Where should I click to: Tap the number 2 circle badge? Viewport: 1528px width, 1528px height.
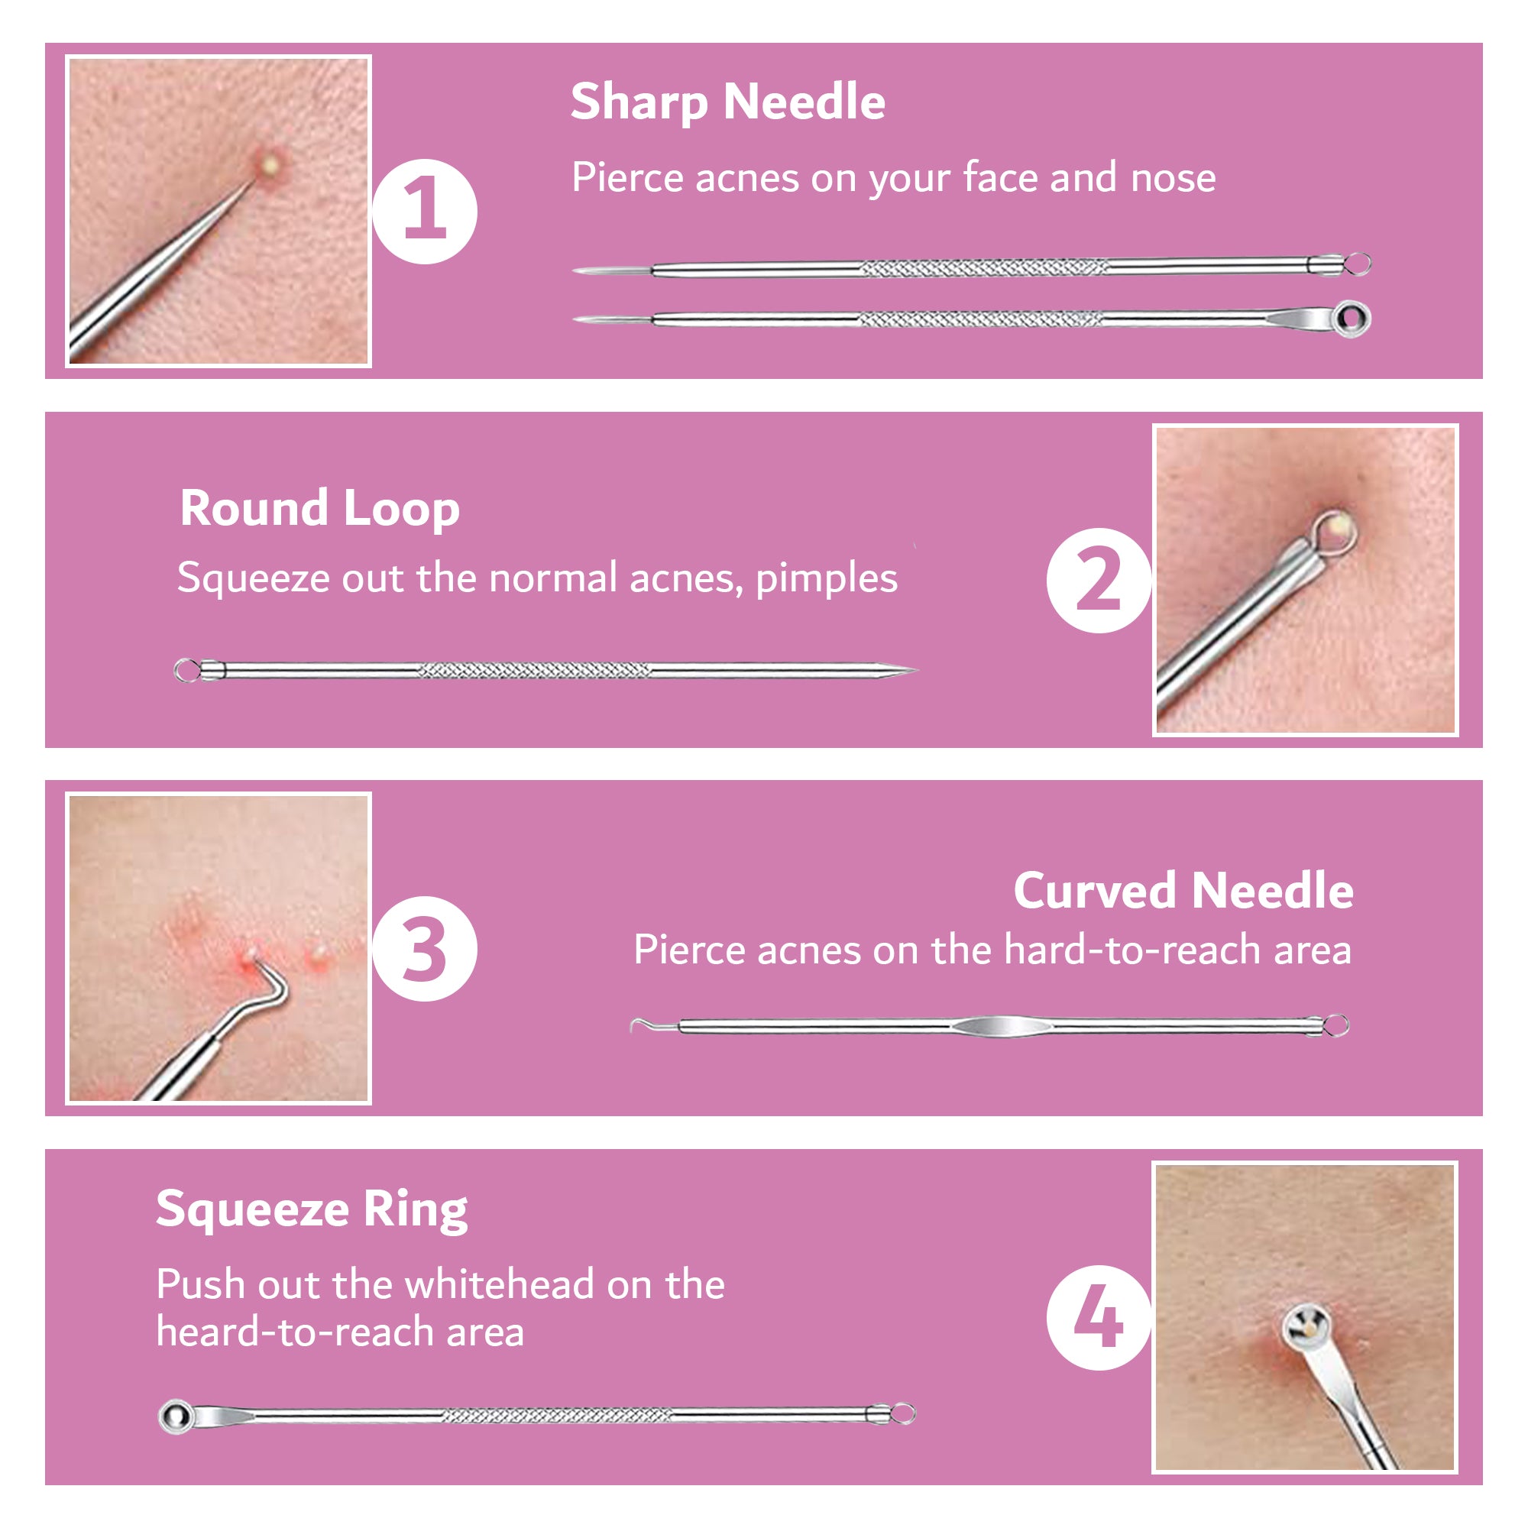coord(1099,580)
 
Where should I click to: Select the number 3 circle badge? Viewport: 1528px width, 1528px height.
coord(425,948)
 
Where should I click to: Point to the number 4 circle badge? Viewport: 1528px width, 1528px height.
coord(1099,1317)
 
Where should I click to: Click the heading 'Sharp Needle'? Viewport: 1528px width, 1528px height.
coord(727,102)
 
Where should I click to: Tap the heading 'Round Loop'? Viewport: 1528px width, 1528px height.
coord(319,509)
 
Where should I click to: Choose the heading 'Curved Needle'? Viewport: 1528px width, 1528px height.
coord(1183,891)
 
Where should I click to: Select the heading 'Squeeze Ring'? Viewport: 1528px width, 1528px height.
coord(312,1211)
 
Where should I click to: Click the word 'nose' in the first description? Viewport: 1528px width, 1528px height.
coord(1173,178)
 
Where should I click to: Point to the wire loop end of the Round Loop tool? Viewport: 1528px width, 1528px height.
coord(186,671)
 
